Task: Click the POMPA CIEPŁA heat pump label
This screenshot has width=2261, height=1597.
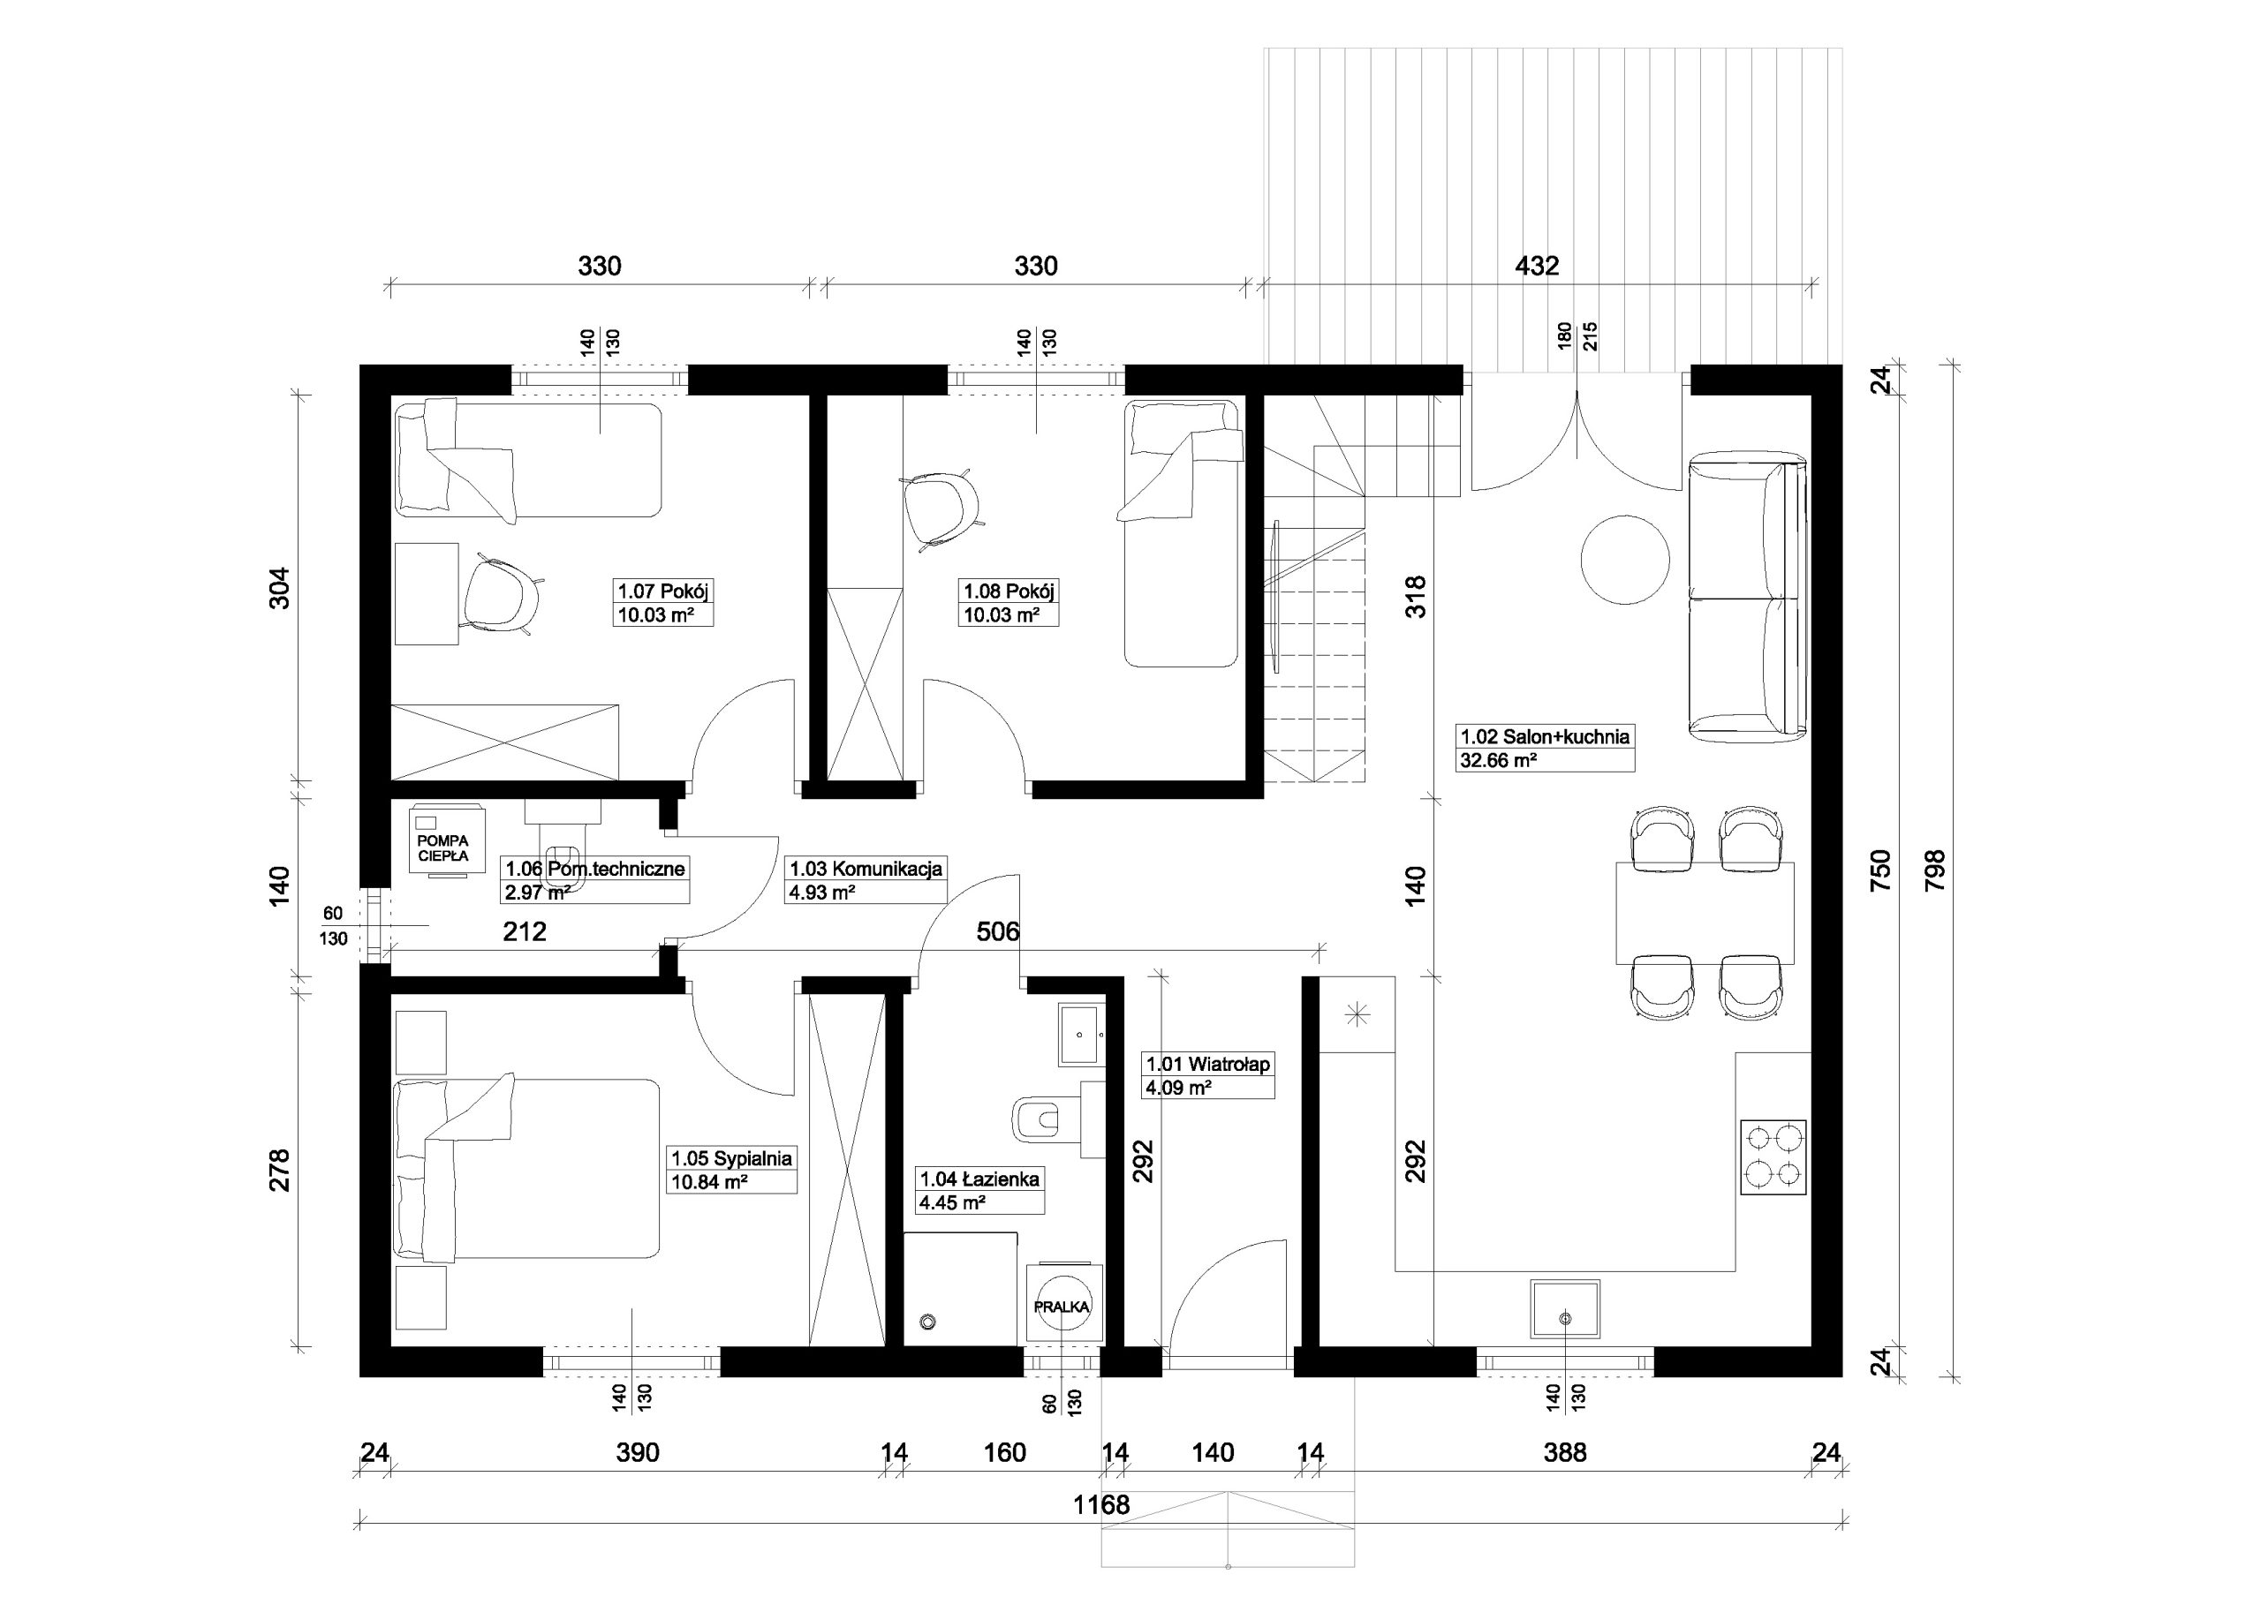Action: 443,848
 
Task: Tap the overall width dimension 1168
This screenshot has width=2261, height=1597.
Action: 1101,1504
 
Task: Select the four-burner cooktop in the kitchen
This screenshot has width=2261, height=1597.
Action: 1773,1156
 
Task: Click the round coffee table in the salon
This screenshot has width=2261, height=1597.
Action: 1625,559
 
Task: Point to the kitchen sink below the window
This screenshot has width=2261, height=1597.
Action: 1565,1308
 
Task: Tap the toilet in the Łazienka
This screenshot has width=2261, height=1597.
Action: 1036,1118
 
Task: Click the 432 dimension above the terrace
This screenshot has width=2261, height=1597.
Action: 1537,266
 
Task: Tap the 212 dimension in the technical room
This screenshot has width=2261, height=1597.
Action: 525,931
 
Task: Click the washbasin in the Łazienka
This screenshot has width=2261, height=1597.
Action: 1082,1034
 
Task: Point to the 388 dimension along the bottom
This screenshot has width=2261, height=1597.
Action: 1566,1452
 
